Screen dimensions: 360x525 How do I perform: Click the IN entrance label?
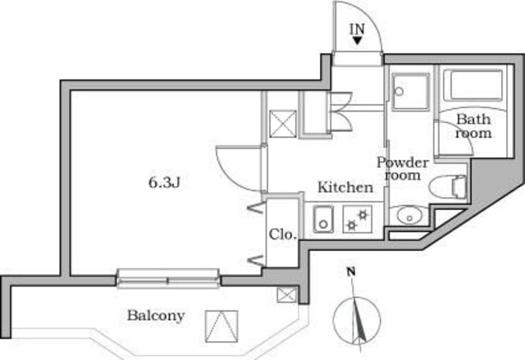click(358, 29)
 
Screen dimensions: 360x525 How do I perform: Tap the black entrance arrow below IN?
click(358, 41)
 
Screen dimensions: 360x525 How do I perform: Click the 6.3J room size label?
click(164, 182)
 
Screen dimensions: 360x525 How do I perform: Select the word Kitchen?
click(345, 188)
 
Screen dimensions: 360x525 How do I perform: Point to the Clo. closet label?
click(283, 234)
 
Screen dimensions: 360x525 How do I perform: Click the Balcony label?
click(156, 315)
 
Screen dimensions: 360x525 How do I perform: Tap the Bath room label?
click(473, 125)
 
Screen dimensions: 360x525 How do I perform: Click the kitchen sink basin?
click(321, 219)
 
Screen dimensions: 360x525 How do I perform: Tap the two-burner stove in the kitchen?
click(357, 219)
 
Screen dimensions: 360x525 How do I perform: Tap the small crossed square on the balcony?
click(285, 295)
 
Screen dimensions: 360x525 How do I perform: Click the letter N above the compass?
click(350, 271)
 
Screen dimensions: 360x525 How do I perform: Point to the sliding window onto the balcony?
click(168, 278)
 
